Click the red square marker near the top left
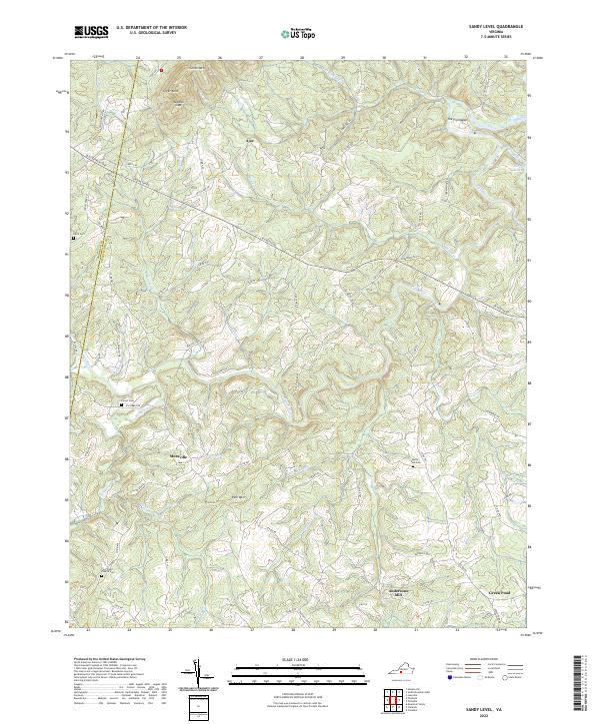tap(160, 70)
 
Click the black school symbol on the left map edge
tap(72, 239)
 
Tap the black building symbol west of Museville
tap(122, 404)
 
